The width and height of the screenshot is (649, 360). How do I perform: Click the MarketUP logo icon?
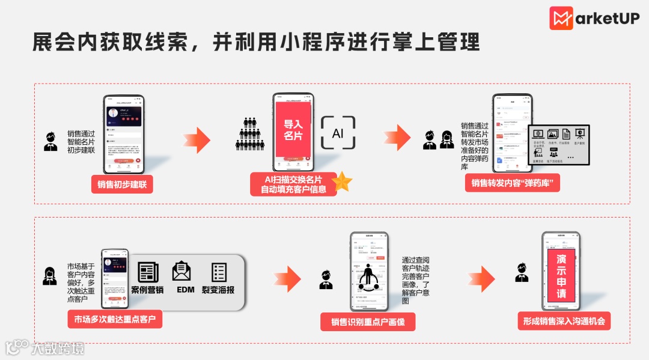(561, 18)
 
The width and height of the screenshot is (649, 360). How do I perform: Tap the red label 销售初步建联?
(122, 185)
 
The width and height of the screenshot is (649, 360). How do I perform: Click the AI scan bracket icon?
(338, 132)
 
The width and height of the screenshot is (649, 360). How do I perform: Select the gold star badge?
(342, 181)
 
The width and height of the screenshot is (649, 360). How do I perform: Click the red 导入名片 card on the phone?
(293, 130)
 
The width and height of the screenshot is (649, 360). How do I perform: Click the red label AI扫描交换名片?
(293, 184)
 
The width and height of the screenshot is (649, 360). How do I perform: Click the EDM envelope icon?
(181, 271)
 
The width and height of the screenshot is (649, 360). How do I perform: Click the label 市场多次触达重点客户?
(115, 319)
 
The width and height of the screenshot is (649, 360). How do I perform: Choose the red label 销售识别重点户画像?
(368, 322)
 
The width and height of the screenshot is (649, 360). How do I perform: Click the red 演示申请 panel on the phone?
(561, 276)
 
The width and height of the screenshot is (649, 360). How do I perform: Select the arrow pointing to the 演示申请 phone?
(482, 277)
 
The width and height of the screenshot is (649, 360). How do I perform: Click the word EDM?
(186, 290)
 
